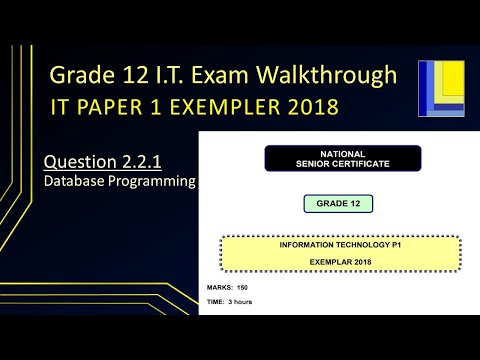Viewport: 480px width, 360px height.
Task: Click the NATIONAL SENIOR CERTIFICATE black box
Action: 342,158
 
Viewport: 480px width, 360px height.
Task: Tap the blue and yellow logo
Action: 441,87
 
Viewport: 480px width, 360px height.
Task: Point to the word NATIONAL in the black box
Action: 342,152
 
